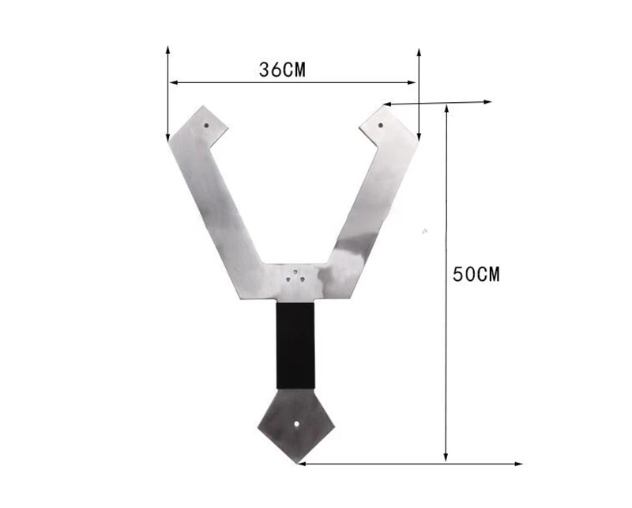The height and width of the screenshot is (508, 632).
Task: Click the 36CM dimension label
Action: pyautogui.click(x=282, y=70)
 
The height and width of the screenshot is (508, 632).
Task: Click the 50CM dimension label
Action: pyautogui.click(x=476, y=275)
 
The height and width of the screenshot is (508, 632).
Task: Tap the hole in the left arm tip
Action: pyautogui.click(x=206, y=125)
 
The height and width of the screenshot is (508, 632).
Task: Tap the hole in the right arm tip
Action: pyautogui.click(x=381, y=125)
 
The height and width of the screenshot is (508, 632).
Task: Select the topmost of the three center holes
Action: pyautogui.click(x=295, y=271)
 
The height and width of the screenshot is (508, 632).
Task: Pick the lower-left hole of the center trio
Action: pyautogui.click(x=288, y=279)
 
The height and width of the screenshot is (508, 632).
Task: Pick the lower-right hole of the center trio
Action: pyautogui.click(x=303, y=279)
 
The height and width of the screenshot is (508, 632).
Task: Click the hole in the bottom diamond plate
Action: pyautogui.click(x=297, y=424)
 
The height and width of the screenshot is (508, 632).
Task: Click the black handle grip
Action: pyautogui.click(x=295, y=345)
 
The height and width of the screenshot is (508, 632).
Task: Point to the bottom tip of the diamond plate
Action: pyautogui.click(x=297, y=464)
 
